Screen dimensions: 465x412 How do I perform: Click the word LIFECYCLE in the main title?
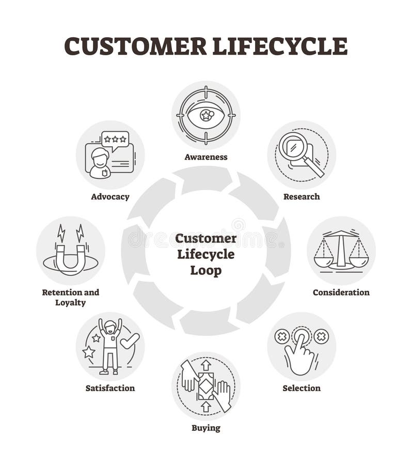(x=279, y=46)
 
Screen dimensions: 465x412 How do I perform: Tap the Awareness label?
(x=205, y=157)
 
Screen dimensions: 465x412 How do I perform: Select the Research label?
(x=302, y=196)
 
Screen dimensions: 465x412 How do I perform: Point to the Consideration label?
(x=341, y=292)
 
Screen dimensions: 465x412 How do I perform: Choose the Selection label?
(x=302, y=388)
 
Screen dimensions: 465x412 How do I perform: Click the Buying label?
(x=205, y=427)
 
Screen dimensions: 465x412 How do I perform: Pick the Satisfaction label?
(x=110, y=388)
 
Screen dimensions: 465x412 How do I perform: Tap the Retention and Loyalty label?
(x=70, y=297)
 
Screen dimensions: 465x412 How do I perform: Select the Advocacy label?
(x=110, y=196)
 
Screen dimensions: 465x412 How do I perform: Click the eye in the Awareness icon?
(x=205, y=115)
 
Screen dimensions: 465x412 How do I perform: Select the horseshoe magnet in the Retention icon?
(x=70, y=257)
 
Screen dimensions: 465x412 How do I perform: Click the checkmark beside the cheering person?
(x=130, y=340)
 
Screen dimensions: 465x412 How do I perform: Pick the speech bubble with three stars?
(x=115, y=140)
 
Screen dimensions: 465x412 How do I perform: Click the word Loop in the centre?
(x=205, y=270)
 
